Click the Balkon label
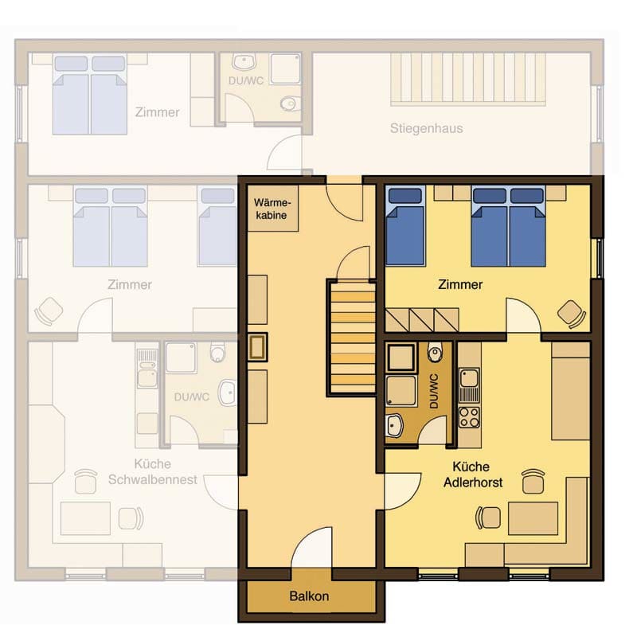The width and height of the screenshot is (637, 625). pyautogui.click(x=309, y=596)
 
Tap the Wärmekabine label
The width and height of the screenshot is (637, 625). pyautogui.click(x=272, y=209)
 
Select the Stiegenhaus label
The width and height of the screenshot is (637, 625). pyautogui.click(x=427, y=128)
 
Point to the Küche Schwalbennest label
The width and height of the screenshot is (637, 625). pyautogui.click(x=153, y=472)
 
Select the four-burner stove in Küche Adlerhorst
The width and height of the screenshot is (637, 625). pyautogui.click(x=469, y=417)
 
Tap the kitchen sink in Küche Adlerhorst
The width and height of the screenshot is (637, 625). pyautogui.click(x=469, y=378)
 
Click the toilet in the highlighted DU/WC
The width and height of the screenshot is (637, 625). pyautogui.click(x=435, y=352)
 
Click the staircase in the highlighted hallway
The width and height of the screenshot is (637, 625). pyautogui.click(x=352, y=338)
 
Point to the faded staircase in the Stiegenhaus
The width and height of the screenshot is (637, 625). pyautogui.click(x=467, y=79)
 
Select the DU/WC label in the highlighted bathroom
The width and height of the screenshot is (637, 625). pyautogui.click(x=434, y=391)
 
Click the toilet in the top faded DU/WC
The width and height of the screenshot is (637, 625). pyautogui.click(x=290, y=104)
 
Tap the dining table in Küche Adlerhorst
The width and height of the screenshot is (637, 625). pyautogui.click(x=533, y=518)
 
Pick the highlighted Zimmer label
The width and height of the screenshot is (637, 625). pyautogui.click(x=460, y=284)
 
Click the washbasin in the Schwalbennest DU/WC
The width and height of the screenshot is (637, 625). pyautogui.click(x=228, y=393)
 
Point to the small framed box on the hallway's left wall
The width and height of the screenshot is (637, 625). pyautogui.click(x=257, y=347)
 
